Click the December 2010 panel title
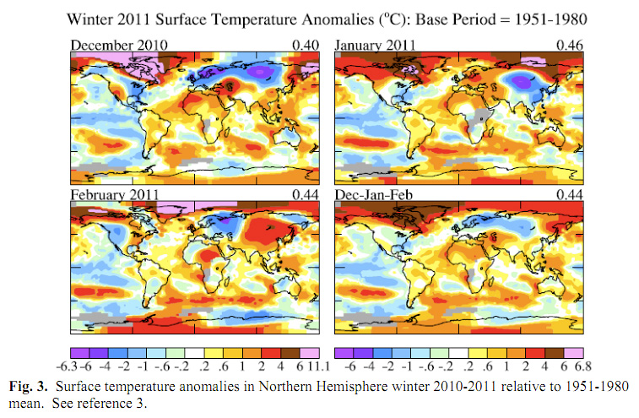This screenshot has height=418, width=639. pos(119,44)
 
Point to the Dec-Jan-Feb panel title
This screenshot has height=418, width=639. pos(373,194)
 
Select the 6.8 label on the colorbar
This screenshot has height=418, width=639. pos(574,366)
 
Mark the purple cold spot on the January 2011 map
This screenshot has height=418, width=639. pos(524,81)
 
